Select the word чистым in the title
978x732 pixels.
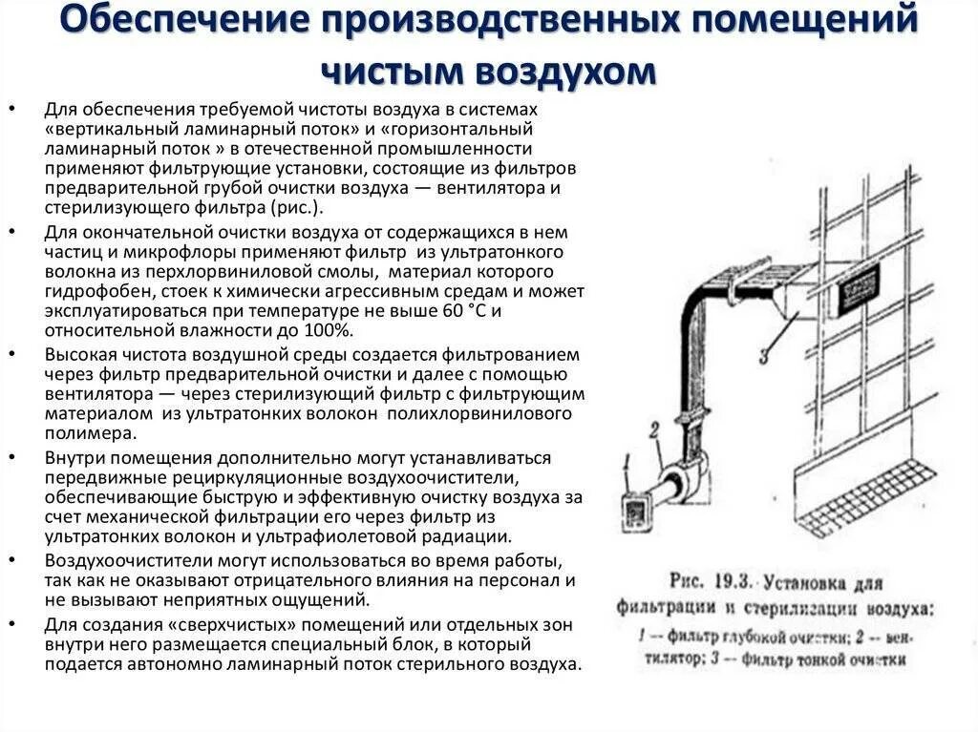(x=392, y=72)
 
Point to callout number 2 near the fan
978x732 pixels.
(x=653, y=430)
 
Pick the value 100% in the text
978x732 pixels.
(x=330, y=330)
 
